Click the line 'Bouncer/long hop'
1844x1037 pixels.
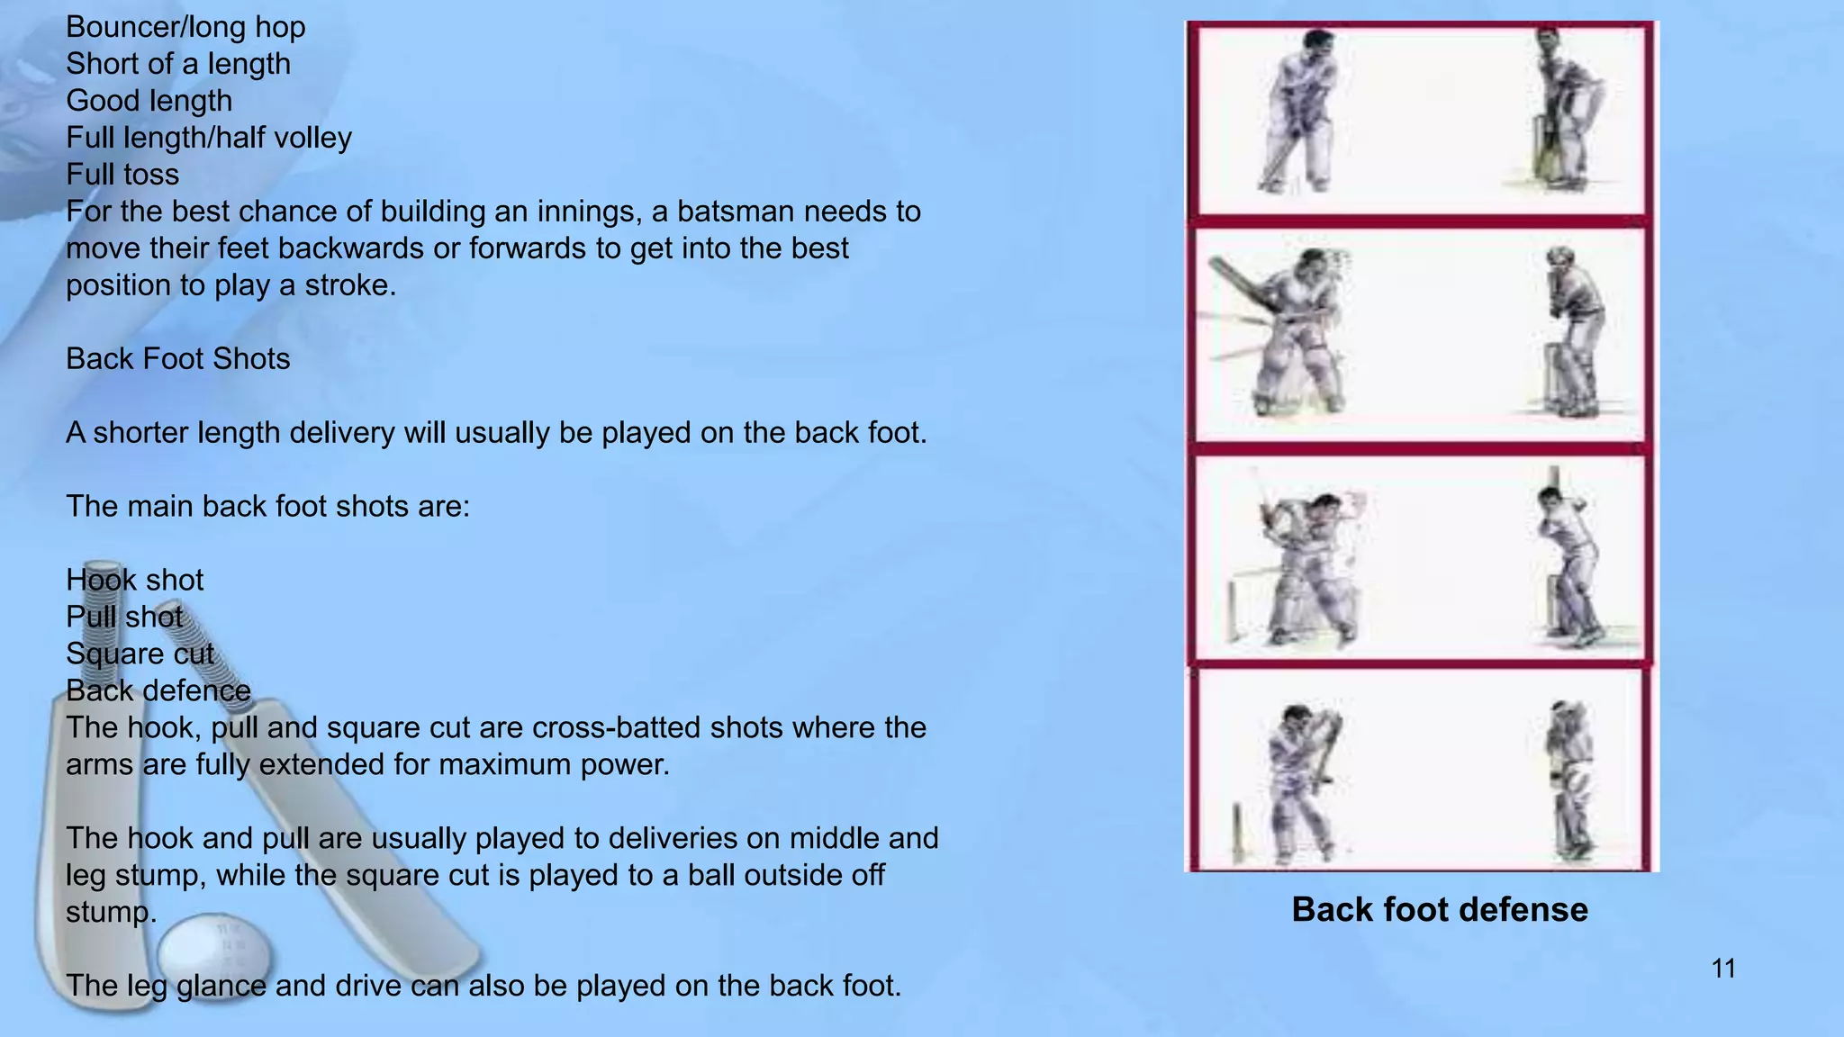[x=185, y=27]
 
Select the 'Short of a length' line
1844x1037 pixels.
[x=178, y=64]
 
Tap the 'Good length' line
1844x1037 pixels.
[x=149, y=101]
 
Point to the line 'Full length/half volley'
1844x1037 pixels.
[x=209, y=138]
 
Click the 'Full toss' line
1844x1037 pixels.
[x=122, y=175]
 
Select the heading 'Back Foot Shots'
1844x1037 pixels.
[x=178, y=359]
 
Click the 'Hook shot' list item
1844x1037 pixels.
[x=135, y=580]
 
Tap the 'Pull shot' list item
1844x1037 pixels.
[x=124, y=617]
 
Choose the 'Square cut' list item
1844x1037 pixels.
[x=140, y=654]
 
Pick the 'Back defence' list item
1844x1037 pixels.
[x=158, y=690]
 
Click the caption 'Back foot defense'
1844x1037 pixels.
[x=1440, y=910]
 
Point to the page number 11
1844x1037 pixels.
[x=1723, y=969]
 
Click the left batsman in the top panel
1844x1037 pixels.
[x=1297, y=113]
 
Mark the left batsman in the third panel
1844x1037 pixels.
[x=1306, y=567]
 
